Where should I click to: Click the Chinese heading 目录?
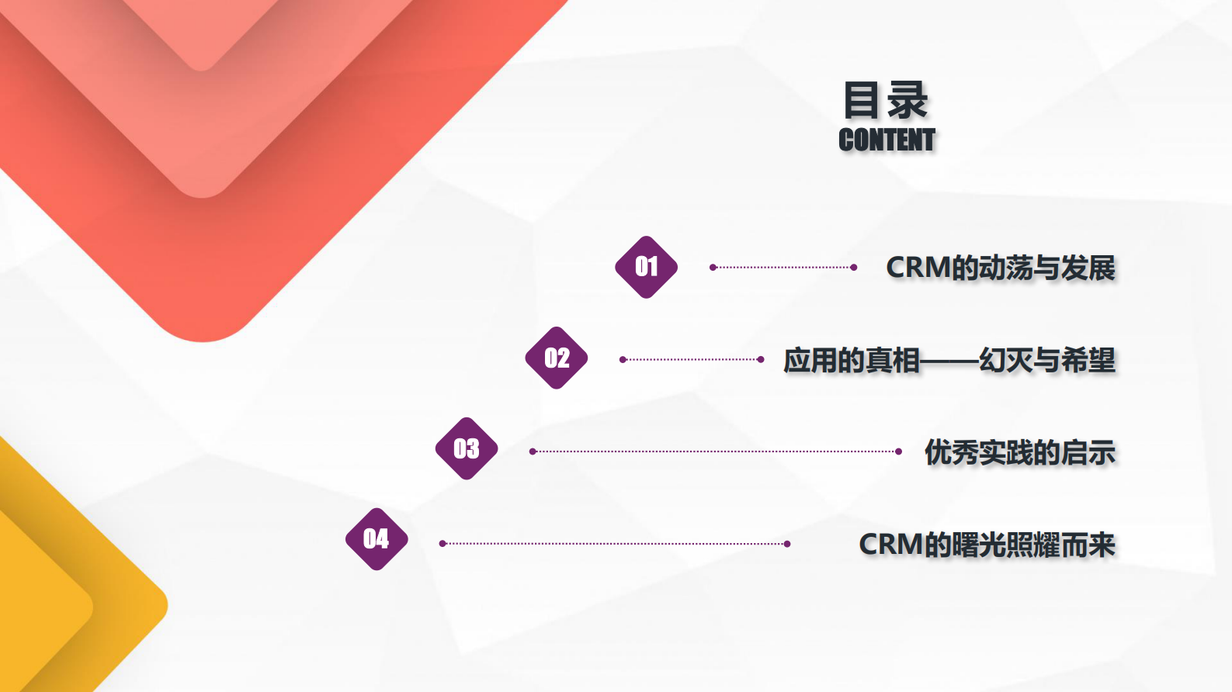tap(886, 101)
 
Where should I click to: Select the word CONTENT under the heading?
tap(887, 140)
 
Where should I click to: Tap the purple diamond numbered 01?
tap(646, 267)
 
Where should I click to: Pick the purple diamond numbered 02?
tap(557, 358)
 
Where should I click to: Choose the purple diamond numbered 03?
tap(467, 448)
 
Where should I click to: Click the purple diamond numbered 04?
tap(377, 539)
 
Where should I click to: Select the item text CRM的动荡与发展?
tap(1001, 268)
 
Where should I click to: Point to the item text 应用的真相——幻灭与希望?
tap(949, 360)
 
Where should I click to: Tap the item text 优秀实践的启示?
tap(1019, 452)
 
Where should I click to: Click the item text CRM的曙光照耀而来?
tap(987, 545)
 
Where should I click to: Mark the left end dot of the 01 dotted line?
tap(713, 268)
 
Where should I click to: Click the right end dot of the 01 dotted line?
tap(854, 268)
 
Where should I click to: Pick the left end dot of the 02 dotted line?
tap(623, 359)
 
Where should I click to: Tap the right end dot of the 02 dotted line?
tap(761, 359)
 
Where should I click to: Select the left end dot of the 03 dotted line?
tap(533, 452)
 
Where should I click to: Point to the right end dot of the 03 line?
tap(899, 452)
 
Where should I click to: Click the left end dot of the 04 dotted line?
tap(442, 544)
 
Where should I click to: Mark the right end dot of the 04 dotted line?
tap(787, 544)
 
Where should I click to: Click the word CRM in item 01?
tap(918, 268)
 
